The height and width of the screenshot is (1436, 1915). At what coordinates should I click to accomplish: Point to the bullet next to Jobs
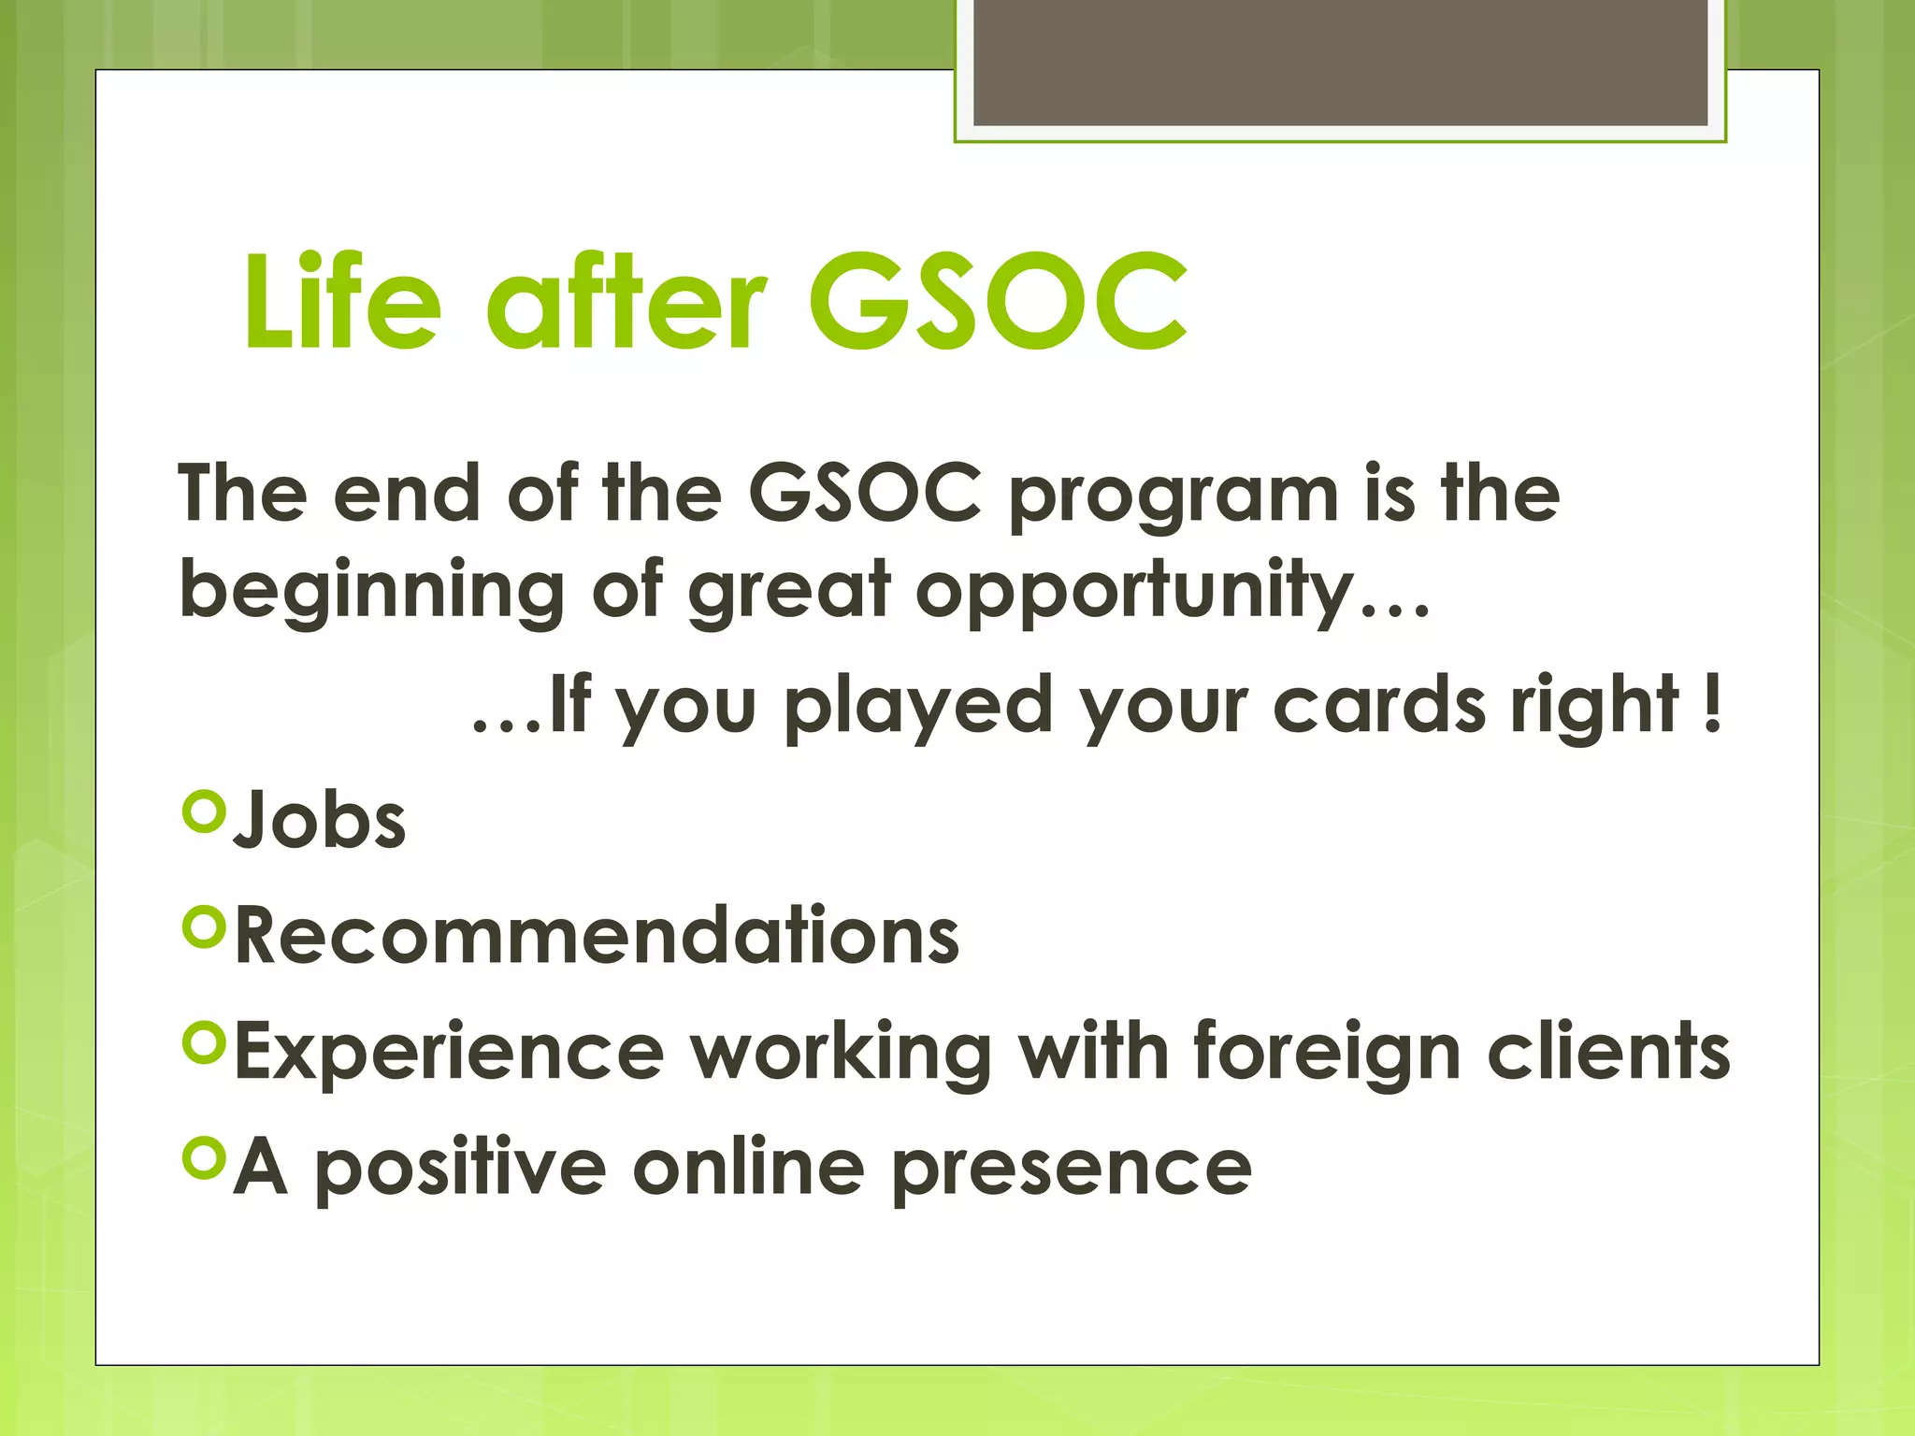(205, 811)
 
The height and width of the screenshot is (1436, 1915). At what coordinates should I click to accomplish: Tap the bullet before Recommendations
(205, 926)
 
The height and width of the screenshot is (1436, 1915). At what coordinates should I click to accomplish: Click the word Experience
(449, 1052)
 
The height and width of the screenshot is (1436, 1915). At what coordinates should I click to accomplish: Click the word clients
(1608, 1052)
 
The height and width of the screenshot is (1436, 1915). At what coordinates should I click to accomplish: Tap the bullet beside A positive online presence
(205, 1157)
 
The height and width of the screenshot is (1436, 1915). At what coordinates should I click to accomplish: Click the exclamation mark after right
(1712, 704)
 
